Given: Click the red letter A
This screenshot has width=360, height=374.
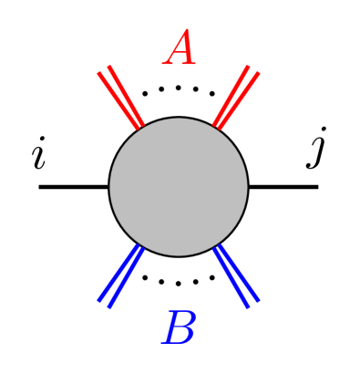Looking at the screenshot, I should click(180, 50).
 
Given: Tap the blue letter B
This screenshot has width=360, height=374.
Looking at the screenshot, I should click(180, 328).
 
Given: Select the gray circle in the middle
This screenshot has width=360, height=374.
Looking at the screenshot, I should click(179, 187).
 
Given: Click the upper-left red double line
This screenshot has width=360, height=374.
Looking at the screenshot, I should click(121, 98).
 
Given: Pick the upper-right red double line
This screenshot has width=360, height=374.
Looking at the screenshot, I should click(236, 97).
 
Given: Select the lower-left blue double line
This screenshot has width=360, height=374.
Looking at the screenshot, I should click(121, 275).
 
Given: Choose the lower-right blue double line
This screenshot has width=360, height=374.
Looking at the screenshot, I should click(236, 275).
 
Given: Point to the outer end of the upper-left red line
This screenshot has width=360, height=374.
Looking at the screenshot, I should click(104, 69).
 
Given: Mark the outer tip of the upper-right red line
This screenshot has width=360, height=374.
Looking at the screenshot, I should click(252, 69).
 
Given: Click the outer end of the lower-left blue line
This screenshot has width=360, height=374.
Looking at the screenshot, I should click(104, 303).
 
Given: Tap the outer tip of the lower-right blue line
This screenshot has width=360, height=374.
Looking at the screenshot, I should click(252, 303).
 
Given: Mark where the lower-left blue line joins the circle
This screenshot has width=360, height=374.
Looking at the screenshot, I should click(139, 245).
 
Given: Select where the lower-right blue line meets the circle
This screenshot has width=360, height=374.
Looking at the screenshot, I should click(218, 245).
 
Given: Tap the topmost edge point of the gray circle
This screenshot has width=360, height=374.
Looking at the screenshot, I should click(179, 119).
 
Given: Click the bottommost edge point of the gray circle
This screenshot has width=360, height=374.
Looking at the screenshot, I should click(179, 255).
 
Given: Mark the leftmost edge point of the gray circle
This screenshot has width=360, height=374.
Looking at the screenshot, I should click(110, 187).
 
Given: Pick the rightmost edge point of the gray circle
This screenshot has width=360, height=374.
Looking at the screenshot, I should click(247, 187).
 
